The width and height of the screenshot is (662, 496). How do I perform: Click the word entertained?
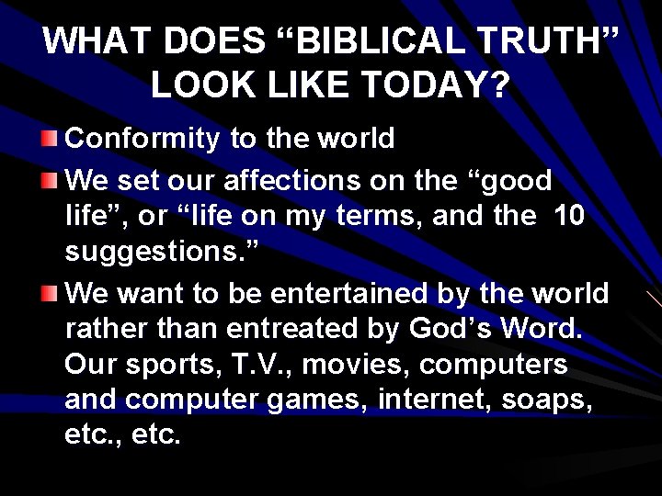pyautogui.click(x=366, y=294)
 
